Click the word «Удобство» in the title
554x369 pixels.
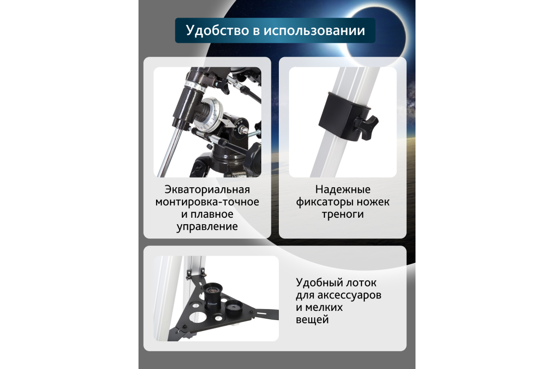click(x=217, y=30)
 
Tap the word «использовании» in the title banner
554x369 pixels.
click(x=314, y=31)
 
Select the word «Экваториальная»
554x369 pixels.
click(x=207, y=190)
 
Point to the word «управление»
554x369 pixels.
click(x=207, y=226)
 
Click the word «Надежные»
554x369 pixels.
click(x=343, y=190)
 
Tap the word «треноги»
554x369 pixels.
click(x=343, y=214)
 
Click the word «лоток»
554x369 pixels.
click(x=362, y=283)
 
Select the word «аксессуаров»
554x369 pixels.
click(x=349, y=295)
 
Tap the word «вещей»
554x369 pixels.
click(x=312, y=320)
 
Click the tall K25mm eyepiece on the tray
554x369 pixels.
click(x=213, y=297)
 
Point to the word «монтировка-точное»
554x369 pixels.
click(x=207, y=202)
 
